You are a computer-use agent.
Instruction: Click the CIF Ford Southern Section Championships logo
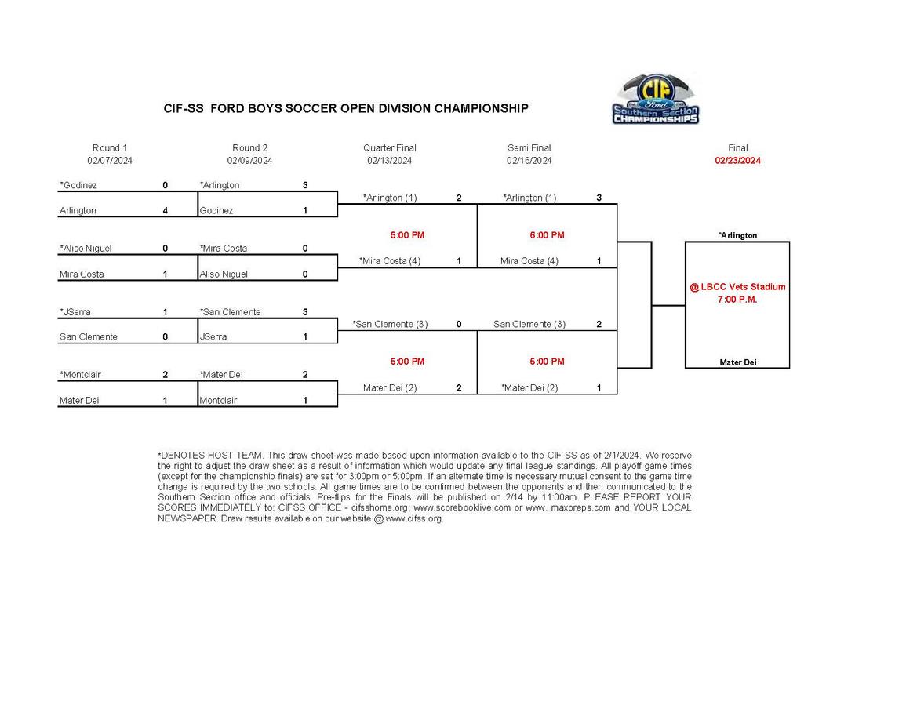655,100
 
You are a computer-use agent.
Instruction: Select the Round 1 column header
110,147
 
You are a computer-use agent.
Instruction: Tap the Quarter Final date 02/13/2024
389,161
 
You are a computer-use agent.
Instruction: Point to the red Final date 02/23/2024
737,161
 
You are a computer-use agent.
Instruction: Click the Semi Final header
529,147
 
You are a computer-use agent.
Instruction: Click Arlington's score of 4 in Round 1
166,210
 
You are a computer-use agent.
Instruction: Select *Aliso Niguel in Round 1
86,249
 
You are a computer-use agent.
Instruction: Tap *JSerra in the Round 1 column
75,312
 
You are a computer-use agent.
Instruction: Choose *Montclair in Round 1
80,375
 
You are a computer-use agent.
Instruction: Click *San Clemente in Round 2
230,312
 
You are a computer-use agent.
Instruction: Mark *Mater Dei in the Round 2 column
221,375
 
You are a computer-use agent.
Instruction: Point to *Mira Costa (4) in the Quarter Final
390,261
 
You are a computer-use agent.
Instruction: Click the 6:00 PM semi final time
547,235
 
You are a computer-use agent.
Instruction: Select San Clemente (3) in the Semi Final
529,324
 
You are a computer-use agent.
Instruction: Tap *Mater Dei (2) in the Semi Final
529,387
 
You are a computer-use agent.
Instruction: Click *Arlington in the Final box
737,235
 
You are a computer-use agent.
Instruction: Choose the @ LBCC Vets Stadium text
737,287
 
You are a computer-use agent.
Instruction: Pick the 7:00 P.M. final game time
737,300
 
